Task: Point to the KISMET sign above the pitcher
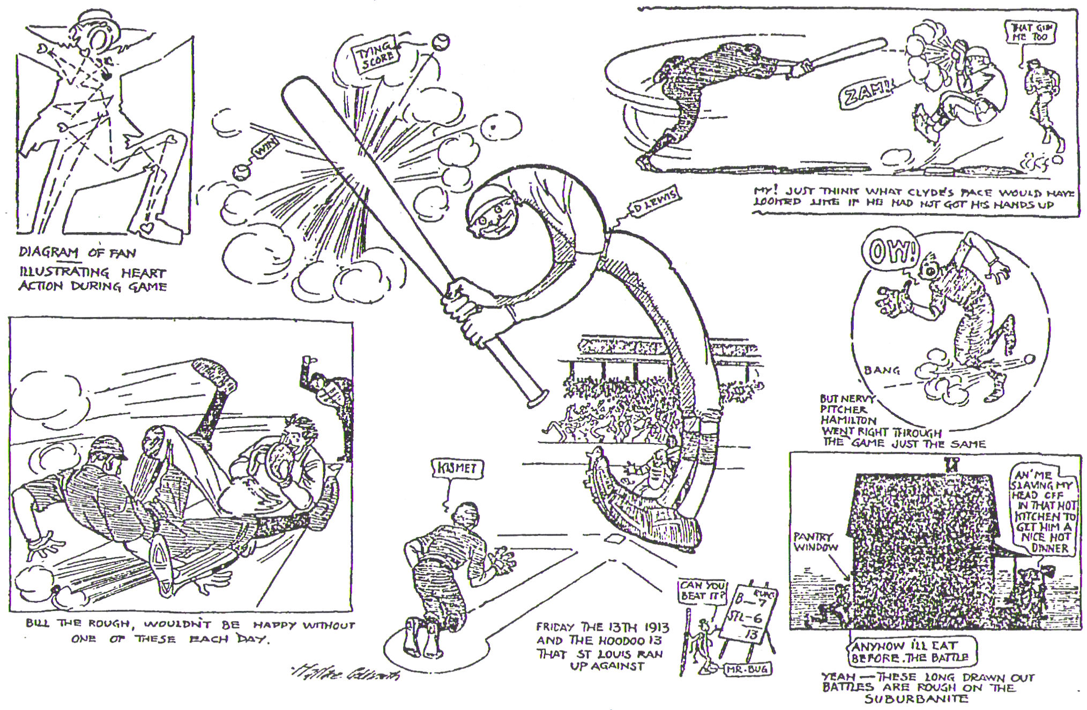[x=457, y=470]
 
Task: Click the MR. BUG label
[x=747, y=669]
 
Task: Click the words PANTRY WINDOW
[x=815, y=542]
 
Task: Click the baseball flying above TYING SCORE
[x=441, y=41]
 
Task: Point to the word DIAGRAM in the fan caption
[x=49, y=252]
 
